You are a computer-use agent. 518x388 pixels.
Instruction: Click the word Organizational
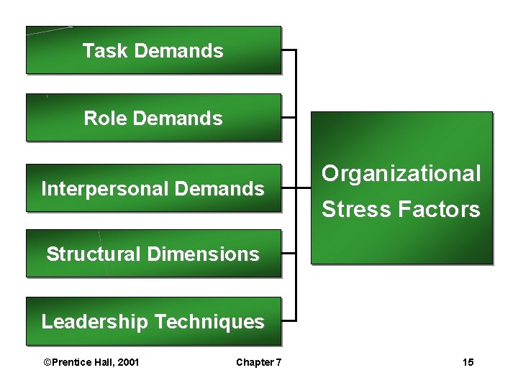tap(401, 174)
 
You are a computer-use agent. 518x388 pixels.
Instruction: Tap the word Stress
tap(347, 210)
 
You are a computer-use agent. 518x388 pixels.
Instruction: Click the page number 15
tap(468, 362)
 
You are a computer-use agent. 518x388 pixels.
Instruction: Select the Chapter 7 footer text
tap(258, 362)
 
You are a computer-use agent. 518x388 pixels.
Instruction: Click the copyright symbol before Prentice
tap(47, 362)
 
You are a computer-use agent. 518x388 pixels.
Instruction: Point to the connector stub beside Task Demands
tap(288, 51)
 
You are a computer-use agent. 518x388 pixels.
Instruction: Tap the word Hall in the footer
tap(102, 362)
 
